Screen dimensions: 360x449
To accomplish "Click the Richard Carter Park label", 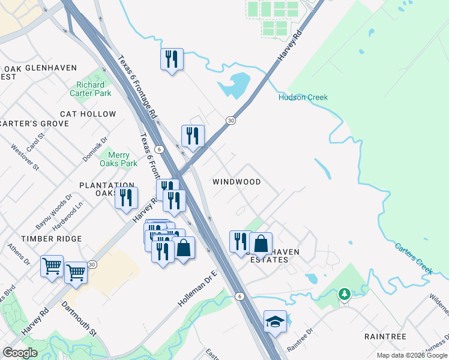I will pyautogui.click(x=94, y=89).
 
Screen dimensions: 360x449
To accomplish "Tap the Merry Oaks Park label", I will pyautogui.click(x=118, y=159).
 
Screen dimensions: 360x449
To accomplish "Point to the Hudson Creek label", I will pyautogui.click(x=303, y=97).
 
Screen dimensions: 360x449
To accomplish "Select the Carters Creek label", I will pyautogui.click(x=413, y=258).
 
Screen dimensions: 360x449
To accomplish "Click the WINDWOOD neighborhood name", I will pyautogui.click(x=237, y=182).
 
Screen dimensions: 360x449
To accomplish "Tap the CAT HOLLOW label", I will pyautogui.click(x=88, y=114).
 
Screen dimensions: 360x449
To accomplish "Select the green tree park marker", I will pyautogui.click(x=344, y=294).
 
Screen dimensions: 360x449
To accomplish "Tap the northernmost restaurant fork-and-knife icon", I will pyautogui.click(x=172, y=59).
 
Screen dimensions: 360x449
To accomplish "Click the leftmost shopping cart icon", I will pyautogui.click(x=52, y=265).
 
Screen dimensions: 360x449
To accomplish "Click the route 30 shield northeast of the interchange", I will pyautogui.click(x=231, y=121).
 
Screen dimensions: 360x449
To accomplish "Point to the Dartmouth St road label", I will pyautogui.click(x=79, y=318).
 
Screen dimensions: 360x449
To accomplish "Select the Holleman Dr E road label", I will pyautogui.click(x=196, y=289).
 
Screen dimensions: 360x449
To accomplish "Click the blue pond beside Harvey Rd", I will pyautogui.click(x=235, y=86).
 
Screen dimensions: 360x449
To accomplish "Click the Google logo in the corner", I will pyautogui.click(x=20, y=353).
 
